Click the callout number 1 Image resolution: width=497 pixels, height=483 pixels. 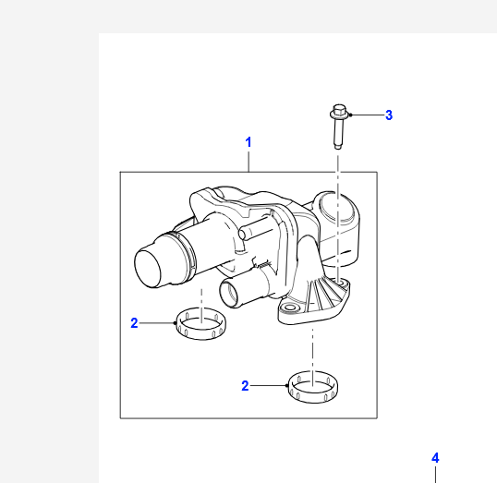(x=248, y=142)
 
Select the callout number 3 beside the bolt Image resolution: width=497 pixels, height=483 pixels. (x=389, y=115)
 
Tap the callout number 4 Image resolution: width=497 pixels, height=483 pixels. (x=435, y=458)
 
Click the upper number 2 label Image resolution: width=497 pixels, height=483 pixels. (x=134, y=323)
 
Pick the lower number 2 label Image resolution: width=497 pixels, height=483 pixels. (x=245, y=386)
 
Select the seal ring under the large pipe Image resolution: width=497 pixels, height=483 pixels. (x=201, y=323)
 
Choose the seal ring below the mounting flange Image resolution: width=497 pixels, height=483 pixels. (x=313, y=387)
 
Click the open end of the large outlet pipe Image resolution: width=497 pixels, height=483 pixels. (x=148, y=269)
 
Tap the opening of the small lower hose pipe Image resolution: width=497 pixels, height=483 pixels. (x=229, y=293)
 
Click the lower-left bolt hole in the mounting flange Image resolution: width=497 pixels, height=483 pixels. (x=289, y=308)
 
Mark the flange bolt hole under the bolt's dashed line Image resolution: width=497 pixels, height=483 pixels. (x=341, y=282)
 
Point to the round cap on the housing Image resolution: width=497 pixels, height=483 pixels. (x=337, y=208)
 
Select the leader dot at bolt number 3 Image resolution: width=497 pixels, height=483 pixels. (x=350, y=115)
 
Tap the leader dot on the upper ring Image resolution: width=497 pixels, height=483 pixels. (x=175, y=323)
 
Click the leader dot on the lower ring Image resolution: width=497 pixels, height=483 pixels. (x=287, y=385)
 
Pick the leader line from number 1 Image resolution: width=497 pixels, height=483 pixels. (x=248, y=162)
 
